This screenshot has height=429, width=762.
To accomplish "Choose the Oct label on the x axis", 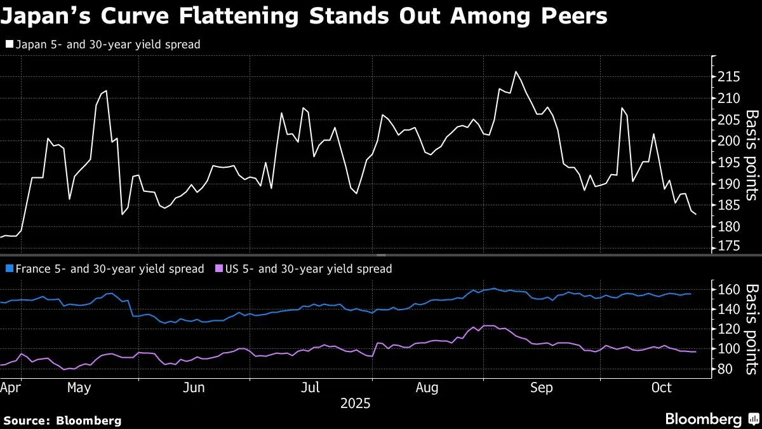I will click(661, 388).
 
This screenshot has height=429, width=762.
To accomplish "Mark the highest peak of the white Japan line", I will click(516, 71).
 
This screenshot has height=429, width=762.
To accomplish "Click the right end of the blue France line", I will click(691, 294).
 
